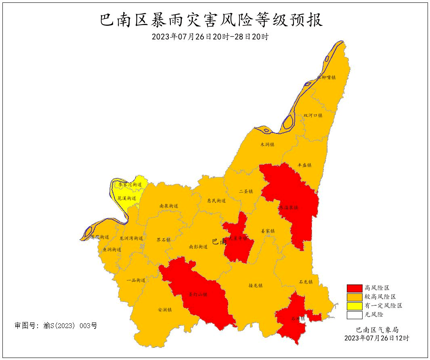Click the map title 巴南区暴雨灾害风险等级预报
211,20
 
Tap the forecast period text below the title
210,37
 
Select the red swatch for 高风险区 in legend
354,288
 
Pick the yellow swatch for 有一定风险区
354,306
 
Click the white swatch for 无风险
354,314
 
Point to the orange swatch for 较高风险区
354,297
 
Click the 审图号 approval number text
56,325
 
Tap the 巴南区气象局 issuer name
377,330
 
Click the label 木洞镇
267,144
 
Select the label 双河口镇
313,115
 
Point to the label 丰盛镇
304,165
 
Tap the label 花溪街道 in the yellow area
127,198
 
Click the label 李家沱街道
128,185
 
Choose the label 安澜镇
165,310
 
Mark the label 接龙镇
255,285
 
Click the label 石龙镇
306,282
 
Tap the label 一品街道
136,280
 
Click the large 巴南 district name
219,242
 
